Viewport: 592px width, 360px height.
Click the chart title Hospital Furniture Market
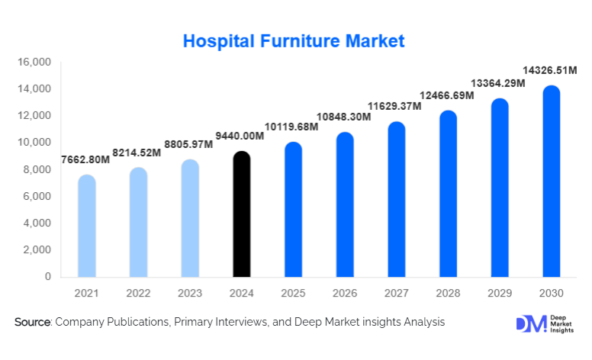point(294,40)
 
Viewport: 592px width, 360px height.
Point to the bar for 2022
point(139,222)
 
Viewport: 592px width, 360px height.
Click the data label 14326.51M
point(549,70)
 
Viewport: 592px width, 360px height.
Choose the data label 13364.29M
point(497,83)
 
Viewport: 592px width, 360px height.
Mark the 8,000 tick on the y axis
point(36,169)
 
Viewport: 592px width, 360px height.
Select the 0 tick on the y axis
point(47,277)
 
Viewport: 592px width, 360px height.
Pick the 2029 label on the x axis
point(500,293)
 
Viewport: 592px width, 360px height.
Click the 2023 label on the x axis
point(190,293)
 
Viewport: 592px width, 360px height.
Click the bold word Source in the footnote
point(32,323)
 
